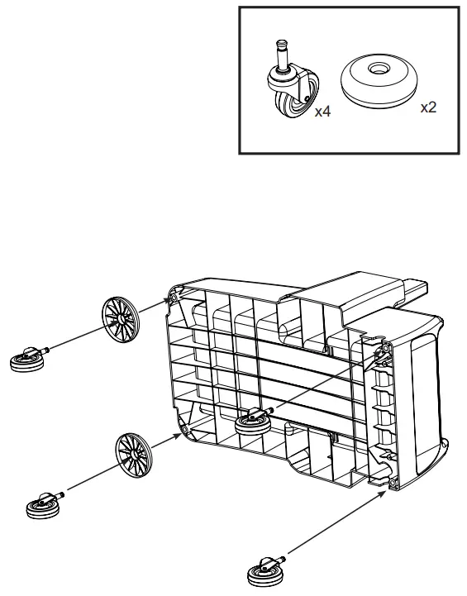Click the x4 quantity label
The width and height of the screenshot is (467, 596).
click(322, 112)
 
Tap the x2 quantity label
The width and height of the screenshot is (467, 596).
click(428, 108)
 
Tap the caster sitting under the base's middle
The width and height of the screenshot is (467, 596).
click(253, 424)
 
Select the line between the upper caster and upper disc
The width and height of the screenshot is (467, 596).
click(79, 339)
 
